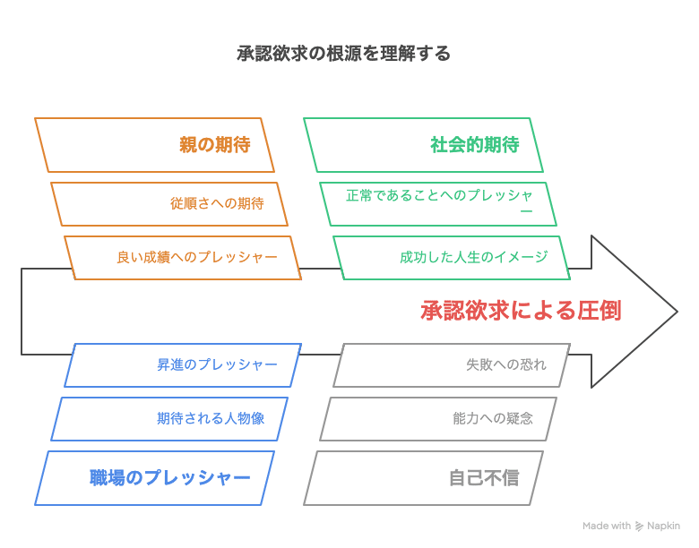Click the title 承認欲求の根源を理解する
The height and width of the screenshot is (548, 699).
click(343, 54)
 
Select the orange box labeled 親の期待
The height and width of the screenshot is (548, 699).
click(154, 145)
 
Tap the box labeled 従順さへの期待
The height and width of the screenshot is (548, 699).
click(169, 203)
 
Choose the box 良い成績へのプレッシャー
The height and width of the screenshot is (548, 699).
click(183, 258)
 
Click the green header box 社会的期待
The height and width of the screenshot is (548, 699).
click(424, 145)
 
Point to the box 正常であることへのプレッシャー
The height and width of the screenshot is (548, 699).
click(438, 203)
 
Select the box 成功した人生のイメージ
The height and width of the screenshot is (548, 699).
click(452, 258)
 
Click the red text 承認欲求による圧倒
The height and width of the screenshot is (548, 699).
click(521, 311)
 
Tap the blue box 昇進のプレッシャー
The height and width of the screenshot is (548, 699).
click(183, 365)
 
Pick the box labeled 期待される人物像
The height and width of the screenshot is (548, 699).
click(169, 419)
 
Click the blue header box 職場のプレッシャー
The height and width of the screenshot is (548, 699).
click(154, 478)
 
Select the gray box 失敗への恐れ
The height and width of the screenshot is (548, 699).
click(452, 365)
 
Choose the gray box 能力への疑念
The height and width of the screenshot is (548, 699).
click(438, 419)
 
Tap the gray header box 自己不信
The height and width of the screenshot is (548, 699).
click(424, 478)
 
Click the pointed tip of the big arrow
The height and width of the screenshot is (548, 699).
click(677, 312)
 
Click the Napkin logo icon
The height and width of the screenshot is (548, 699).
click(639, 527)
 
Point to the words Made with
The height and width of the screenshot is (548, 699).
click(607, 526)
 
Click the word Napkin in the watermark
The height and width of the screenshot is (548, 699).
click(663, 527)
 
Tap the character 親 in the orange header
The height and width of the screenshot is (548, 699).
click(188, 145)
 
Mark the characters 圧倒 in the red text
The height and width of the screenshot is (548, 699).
click(600, 311)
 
